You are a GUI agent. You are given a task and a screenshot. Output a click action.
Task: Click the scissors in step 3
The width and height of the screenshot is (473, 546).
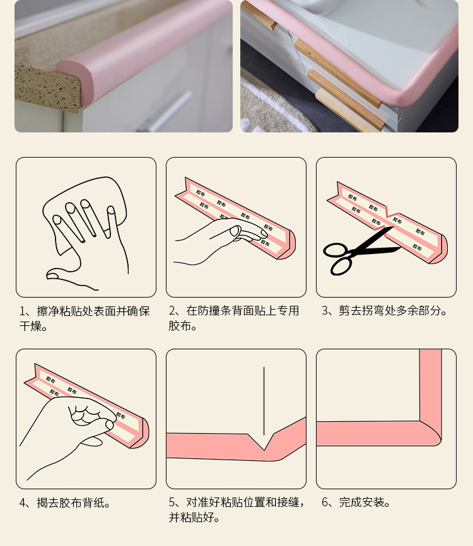[353, 252]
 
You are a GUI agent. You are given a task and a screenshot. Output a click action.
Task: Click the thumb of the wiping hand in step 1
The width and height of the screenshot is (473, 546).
[63, 275]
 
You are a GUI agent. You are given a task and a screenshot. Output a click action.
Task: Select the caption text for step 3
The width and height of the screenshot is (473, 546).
[385, 311]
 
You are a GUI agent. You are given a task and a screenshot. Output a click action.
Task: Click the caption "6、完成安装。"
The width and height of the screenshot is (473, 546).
[356, 502]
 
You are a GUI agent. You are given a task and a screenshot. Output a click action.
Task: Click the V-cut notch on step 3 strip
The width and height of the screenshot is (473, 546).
[388, 214]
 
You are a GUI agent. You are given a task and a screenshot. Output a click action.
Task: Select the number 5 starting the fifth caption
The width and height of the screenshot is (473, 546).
[172, 502]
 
